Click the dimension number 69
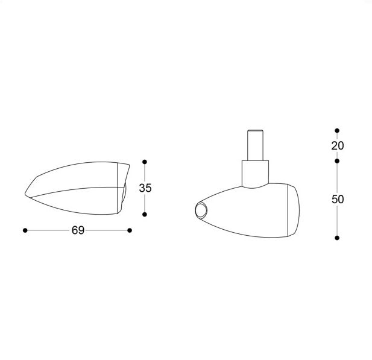[77, 230]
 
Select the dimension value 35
[145, 188]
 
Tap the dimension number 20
[337, 145]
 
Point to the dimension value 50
[337, 200]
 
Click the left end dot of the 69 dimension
[25, 230]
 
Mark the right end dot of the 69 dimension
[130, 230]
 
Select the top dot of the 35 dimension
[145, 162]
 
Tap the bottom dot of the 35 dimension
[145, 214]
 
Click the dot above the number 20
[337, 130]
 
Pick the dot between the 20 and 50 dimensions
[337, 161]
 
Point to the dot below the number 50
[337, 238]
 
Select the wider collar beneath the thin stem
[254, 172]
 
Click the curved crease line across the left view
[72, 190]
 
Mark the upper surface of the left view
[78, 175]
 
